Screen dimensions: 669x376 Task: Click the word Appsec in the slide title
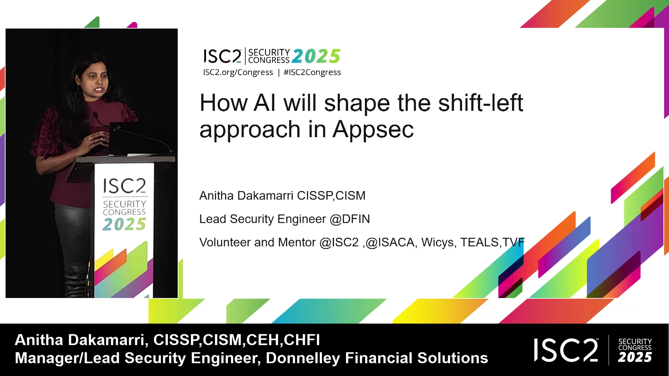point(373,130)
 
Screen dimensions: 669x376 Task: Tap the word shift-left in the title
point(480,103)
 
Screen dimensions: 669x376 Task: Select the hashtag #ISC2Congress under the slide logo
point(312,72)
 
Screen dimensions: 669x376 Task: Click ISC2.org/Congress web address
point(238,72)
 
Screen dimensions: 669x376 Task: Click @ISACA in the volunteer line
point(390,242)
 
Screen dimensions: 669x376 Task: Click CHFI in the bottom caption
point(302,340)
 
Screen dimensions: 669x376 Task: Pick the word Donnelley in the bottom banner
point(303,358)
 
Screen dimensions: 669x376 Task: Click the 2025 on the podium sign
point(124,224)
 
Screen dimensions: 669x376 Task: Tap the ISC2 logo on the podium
point(124,186)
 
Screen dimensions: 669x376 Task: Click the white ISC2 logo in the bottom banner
point(567,350)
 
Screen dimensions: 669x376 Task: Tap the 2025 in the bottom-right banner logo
point(635,357)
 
